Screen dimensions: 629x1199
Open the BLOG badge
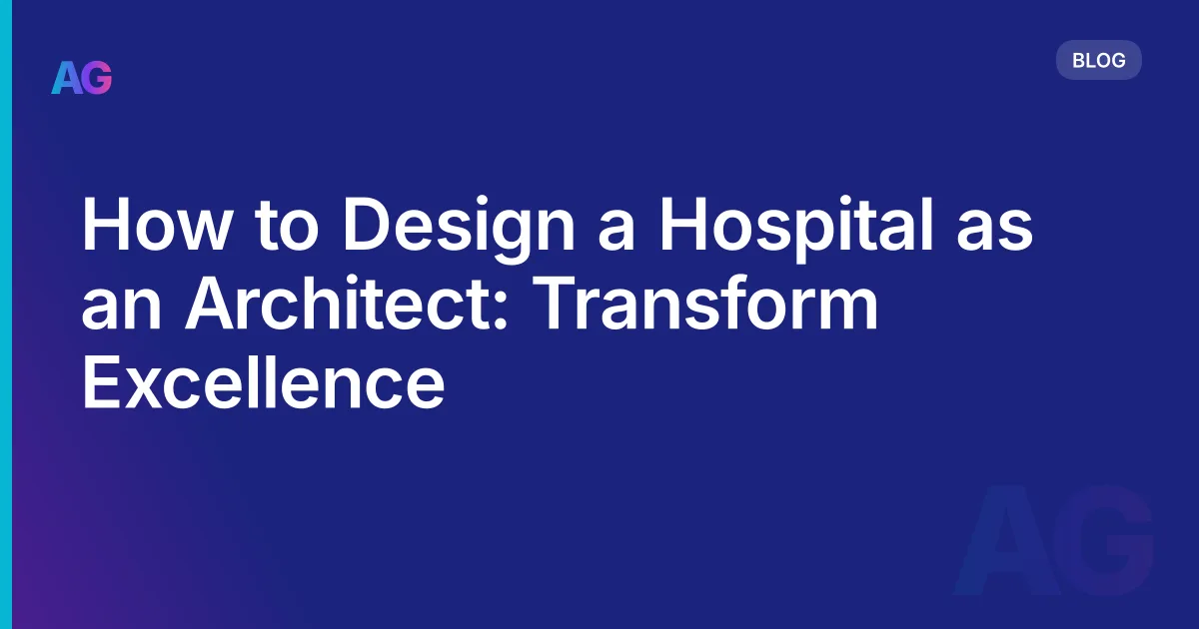pyautogui.click(x=1098, y=61)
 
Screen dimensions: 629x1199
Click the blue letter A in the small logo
pyautogui.click(x=67, y=77)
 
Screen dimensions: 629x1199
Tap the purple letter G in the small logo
pyautogui.click(x=97, y=77)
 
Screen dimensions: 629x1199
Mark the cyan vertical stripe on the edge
pyautogui.click(x=5, y=314)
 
